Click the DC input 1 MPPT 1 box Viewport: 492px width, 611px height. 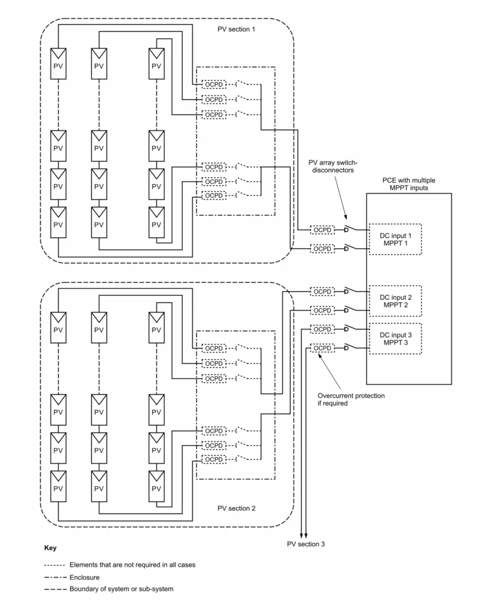pyautogui.click(x=395, y=239)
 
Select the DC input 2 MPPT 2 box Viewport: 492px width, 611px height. pyautogui.click(x=395, y=301)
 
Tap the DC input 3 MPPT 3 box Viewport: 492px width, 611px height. pyautogui.click(x=395, y=338)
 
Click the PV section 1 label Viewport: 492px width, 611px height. pyautogui.click(x=236, y=29)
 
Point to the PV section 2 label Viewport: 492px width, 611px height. pyautogui.click(x=236, y=508)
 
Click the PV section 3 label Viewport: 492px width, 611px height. pyautogui.click(x=306, y=545)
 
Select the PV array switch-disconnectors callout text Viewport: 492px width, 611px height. pyautogui.click(x=331, y=166)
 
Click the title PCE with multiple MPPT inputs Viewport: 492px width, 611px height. pyautogui.click(x=409, y=184)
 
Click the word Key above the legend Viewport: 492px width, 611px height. pyautogui.click(x=51, y=547)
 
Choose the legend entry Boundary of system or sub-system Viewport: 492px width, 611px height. pyautogui.click(x=121, y=590)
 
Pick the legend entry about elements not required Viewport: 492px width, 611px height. pyautogui.click(x=132, y=564)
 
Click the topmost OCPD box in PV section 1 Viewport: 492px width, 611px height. pyautogui.click(x=214, y=84)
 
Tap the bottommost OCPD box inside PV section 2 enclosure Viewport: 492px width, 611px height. pyautogui.click(x=214, y=459)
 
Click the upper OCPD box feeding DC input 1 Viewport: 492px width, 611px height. pyautogui.click(x=322, y=230)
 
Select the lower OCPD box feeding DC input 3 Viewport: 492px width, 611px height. pyautogui.click(x=322, y=348)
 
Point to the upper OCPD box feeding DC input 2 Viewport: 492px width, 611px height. pyautogui.click(x=322, y=291)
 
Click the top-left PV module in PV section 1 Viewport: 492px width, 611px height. pyautogui.click(x=58, y=63)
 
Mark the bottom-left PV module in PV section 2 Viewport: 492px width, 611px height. pyautogui.click(x=58, y=485)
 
